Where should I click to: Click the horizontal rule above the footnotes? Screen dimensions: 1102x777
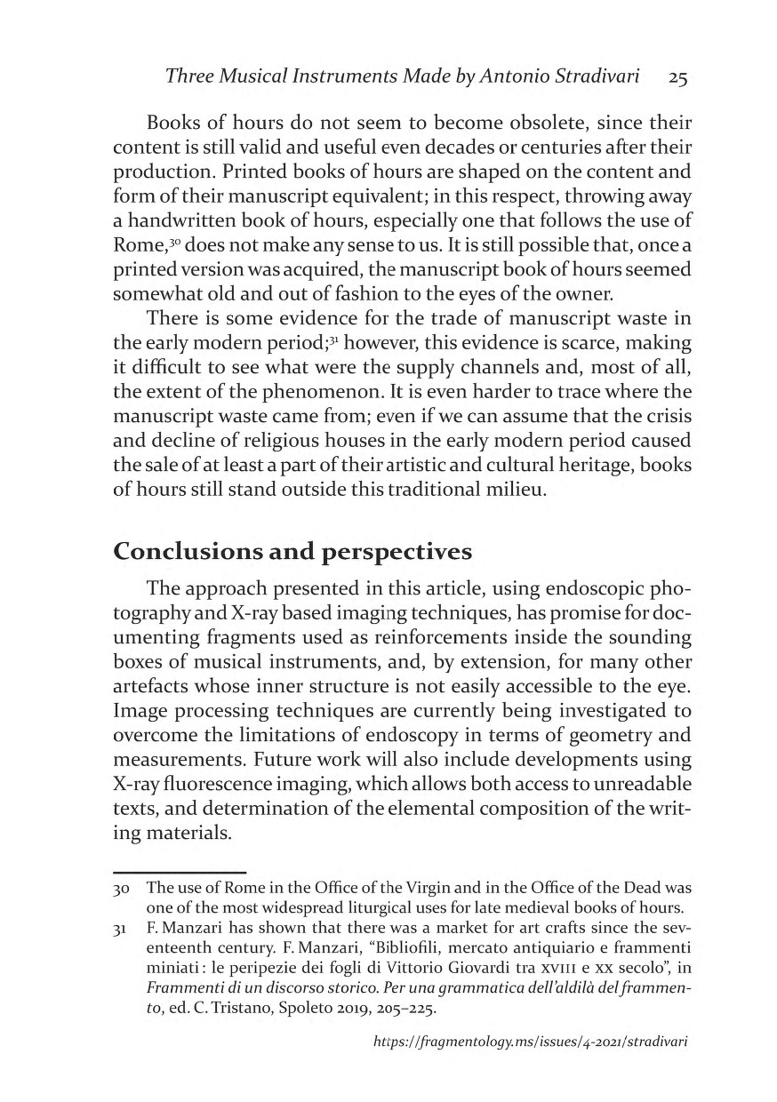(x=180, y=872)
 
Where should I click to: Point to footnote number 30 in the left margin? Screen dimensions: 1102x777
(x=124, y=890)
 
